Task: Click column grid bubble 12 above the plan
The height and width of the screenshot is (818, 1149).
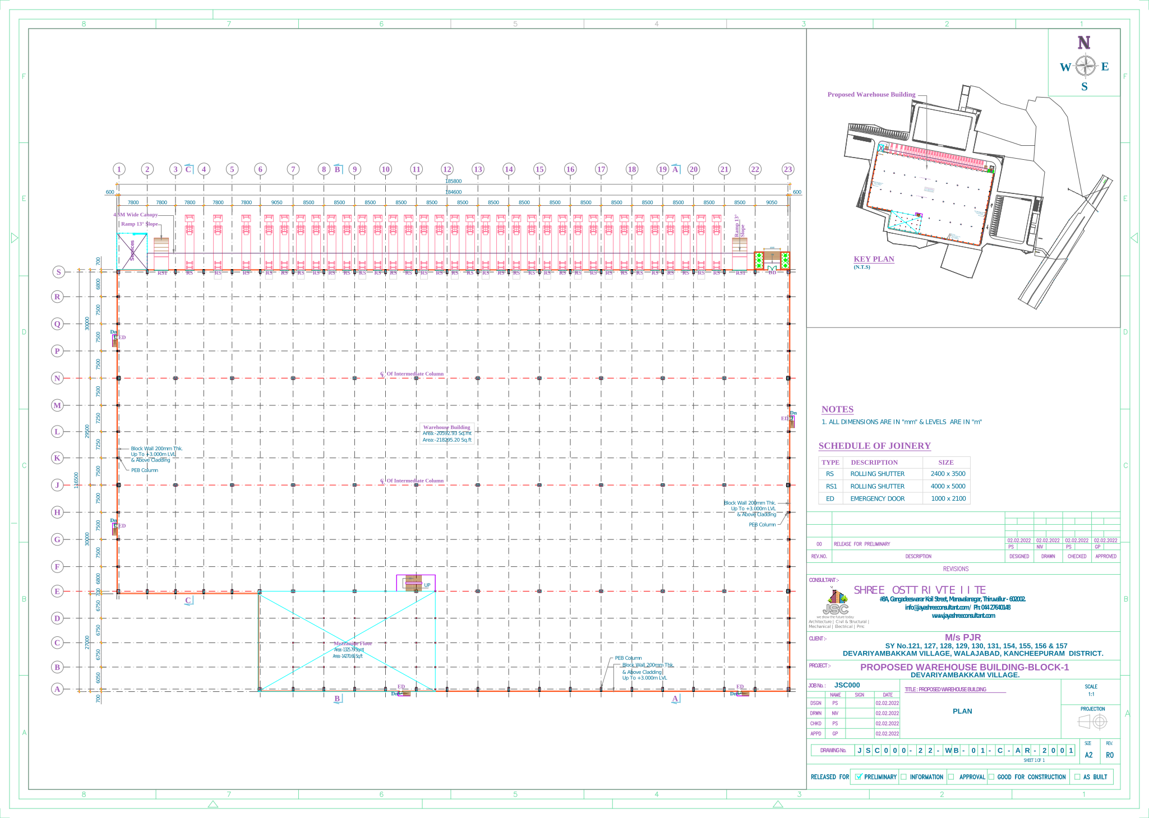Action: click(x=447, y=169)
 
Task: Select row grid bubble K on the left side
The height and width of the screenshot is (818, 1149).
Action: click(x=57, y=458)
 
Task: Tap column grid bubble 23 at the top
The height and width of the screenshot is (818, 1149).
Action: click(x=788, y=169)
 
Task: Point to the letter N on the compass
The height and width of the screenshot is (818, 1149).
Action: click(x=1083, y=43)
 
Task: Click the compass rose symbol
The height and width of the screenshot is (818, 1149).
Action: click(x=1086, y=67)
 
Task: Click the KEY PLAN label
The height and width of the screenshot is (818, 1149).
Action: click(x=874, y=259)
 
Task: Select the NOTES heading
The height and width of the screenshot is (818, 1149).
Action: click(x=837, y=409)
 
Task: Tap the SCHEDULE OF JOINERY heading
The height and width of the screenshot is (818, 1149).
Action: click(x=874, y=446)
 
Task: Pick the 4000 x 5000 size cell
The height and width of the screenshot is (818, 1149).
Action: click(x=948, y=486)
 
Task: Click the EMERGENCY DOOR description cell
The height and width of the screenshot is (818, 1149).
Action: click(x=877, y=498)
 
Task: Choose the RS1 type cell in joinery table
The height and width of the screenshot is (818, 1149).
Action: click(x=830, y=486)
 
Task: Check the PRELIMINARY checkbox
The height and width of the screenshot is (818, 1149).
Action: click(x=858, y=777)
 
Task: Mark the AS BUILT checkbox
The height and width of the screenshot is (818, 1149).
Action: click(x=1077, y=777)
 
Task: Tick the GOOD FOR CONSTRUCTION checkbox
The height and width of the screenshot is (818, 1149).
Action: click(x=991, y=777)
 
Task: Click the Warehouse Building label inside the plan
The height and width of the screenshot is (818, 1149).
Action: click(x=446, y=427)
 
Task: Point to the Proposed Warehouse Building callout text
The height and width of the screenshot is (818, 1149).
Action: click(x=871, y=94)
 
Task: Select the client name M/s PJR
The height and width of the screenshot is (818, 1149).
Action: click(x=963, y=637)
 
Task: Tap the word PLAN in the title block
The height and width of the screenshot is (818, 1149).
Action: click(x=962, y=711)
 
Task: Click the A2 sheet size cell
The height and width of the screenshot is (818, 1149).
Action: click(x=1088, y=755)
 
